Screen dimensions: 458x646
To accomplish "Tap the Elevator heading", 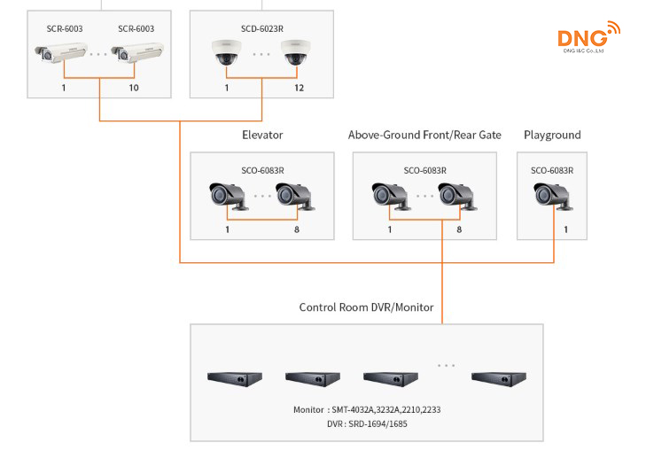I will pos(262,136).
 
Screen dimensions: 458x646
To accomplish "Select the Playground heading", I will pos(552,136).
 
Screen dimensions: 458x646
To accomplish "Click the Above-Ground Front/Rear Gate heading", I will pos(424,136).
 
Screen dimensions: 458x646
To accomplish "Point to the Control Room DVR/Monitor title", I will pos(366,307).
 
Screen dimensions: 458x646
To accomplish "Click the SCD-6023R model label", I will pos(262,29).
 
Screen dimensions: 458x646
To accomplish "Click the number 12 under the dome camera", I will pos(298,89).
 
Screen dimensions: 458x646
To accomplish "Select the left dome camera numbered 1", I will pos(227,55).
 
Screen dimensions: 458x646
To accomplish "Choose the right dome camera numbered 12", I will pos(298,55).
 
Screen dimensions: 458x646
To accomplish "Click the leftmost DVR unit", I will pos(235,377).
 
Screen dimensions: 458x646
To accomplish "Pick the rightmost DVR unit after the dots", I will pos(498,377).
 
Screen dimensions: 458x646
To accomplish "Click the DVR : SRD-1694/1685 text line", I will pos(366,424).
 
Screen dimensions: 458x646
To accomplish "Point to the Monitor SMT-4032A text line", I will pos(366,410).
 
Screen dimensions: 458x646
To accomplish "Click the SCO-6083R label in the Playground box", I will pos(552,170).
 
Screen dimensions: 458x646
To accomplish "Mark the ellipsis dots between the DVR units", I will pos(445,365).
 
